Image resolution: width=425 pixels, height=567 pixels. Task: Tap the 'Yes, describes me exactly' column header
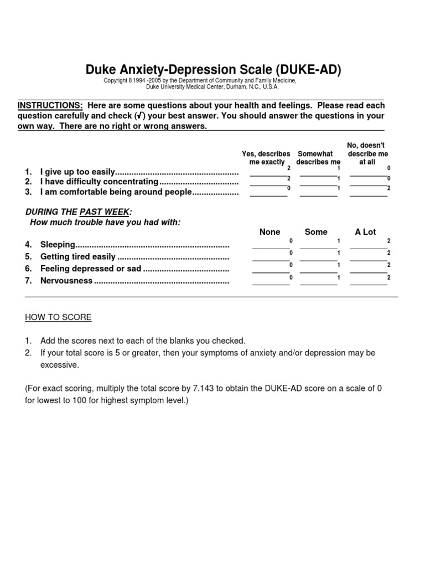266,158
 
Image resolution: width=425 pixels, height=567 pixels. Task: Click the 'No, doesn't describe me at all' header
367,153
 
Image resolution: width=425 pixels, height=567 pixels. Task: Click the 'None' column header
270,232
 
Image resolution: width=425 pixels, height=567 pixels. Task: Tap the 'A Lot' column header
365,232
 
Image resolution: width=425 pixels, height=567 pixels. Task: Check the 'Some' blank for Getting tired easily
318,259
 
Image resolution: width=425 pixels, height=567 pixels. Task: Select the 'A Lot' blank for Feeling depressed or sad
369,271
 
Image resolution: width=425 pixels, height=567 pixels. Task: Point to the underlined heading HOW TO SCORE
58,317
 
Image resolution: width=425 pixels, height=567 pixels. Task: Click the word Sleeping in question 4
58,244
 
